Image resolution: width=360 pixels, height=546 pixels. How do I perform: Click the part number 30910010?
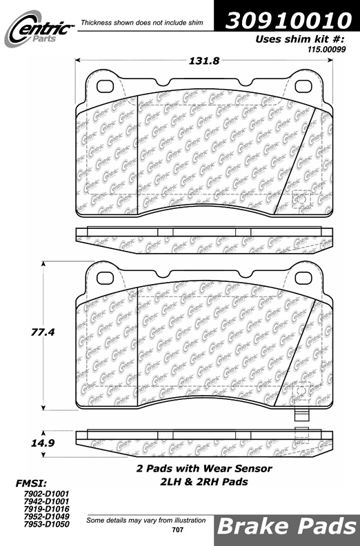click(x=288, y=20)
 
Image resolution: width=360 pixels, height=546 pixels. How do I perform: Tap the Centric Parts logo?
click(x=39, y=28)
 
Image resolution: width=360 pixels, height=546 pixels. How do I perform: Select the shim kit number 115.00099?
click(x=326, y=50)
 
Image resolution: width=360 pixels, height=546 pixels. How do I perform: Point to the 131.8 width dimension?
click(x=204, y=61)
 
